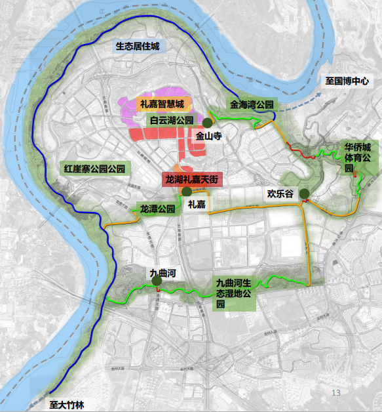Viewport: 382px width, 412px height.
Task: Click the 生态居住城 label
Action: (141, 46)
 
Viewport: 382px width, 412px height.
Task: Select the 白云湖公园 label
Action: (172, 120)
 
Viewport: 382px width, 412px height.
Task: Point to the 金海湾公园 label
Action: (252, 104)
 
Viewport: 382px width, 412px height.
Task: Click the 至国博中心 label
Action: (348, 82)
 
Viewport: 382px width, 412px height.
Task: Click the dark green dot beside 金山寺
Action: (207, 123)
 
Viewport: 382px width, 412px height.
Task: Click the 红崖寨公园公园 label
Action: (95, 167)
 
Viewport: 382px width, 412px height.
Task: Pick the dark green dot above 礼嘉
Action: (187, 192)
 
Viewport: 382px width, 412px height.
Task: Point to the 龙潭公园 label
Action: (157, 209)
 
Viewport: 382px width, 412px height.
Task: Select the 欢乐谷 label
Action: (280, 194)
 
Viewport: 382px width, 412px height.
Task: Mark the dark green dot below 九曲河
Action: (157, 282)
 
